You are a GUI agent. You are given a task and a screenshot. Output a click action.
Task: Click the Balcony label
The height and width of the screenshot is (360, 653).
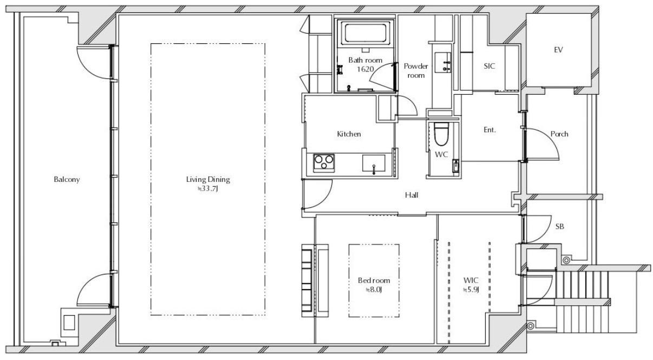[67, 179]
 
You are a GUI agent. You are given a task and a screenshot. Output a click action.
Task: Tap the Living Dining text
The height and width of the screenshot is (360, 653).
[208, 179]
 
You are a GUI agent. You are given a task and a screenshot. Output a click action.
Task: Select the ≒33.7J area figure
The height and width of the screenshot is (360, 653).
[208, 188]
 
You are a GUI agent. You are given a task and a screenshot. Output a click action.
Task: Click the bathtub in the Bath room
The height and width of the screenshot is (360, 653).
[365, 33]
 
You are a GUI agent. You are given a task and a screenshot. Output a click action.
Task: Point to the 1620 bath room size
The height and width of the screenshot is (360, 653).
[365, 69]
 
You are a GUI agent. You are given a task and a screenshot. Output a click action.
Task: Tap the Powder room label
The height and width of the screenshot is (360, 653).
[416, 71]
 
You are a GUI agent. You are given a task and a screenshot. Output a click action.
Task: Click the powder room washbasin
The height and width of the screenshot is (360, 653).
[443, 62]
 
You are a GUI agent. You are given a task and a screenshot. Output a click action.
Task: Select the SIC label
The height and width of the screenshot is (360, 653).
[489, 66]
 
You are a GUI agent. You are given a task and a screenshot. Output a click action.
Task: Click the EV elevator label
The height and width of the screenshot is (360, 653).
[558, 50]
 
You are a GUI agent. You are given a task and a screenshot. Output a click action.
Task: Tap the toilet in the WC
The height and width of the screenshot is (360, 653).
[441, 134]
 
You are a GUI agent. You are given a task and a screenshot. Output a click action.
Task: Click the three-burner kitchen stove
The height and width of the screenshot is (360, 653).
[324, 162]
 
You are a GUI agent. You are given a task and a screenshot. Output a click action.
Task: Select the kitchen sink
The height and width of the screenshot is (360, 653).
[374, 163]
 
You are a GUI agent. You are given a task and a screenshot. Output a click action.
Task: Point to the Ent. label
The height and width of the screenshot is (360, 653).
[489, 130]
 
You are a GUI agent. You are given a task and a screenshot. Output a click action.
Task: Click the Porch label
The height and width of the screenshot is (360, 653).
[559, 134]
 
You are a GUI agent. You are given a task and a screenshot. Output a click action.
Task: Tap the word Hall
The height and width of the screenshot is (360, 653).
[412, 195]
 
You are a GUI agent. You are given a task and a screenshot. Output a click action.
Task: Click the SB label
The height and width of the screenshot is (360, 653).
[560, 226]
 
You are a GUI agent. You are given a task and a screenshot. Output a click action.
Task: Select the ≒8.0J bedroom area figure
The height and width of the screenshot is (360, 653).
[374, 290]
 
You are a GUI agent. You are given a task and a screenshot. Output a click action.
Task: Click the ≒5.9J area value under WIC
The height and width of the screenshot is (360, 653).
[471, 290]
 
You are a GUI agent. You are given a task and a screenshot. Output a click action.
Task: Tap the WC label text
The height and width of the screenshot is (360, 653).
[441, 154]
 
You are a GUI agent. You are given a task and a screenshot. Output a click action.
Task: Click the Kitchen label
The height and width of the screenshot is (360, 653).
[349, 134]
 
